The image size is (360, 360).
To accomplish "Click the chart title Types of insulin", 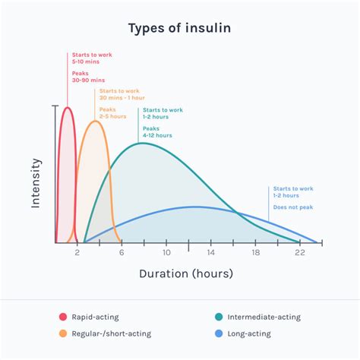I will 179,29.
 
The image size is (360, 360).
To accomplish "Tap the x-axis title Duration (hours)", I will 186,273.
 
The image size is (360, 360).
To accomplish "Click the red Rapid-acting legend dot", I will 63,317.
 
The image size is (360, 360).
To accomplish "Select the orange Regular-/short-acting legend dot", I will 63,333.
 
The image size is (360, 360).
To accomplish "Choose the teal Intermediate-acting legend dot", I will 219,317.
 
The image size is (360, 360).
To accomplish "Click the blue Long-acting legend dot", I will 219,333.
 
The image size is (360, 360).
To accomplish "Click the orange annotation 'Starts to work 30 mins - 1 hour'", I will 121,94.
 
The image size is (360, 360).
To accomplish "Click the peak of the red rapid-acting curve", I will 67,107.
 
